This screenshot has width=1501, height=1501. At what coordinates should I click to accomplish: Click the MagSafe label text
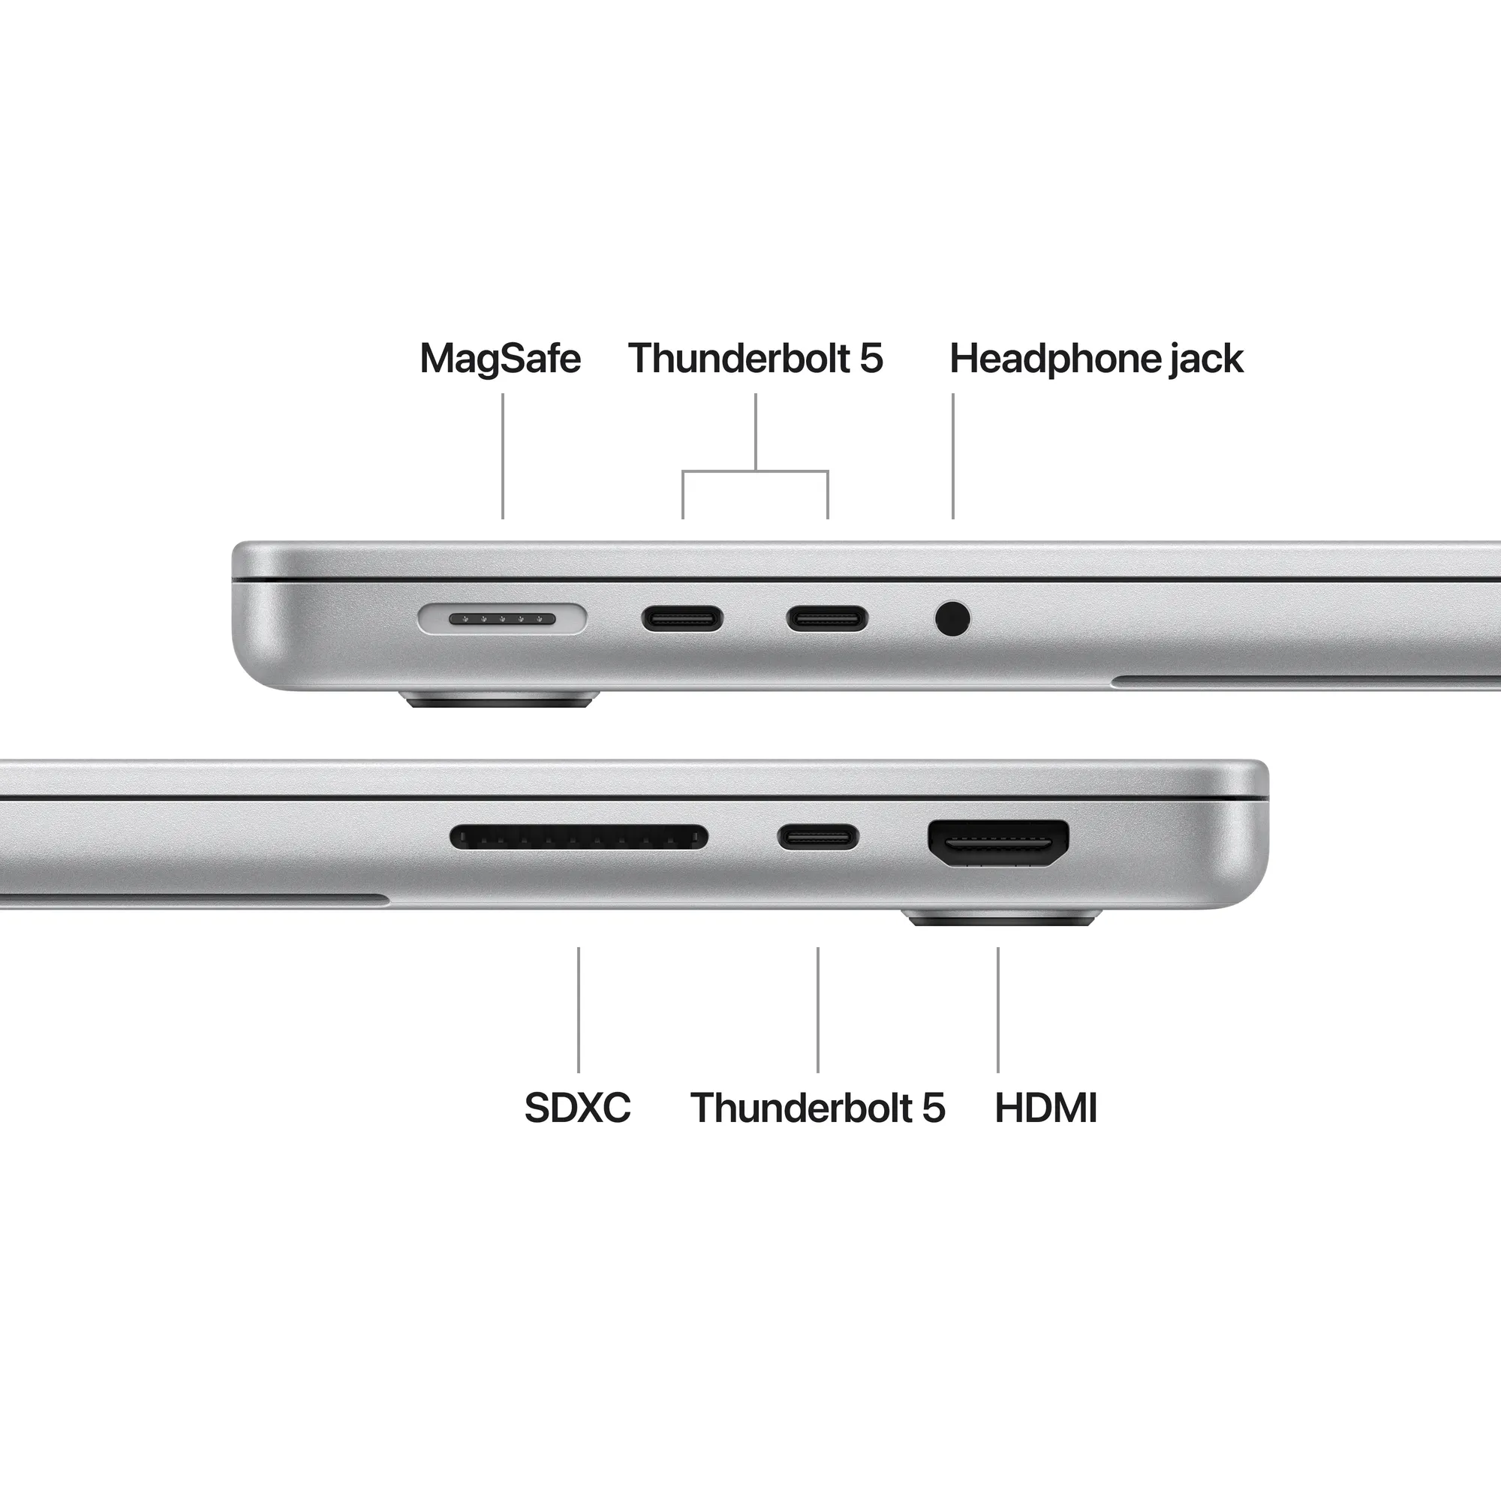[x=500, y=359]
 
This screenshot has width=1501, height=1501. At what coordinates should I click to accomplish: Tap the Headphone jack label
[x=1096, y=359]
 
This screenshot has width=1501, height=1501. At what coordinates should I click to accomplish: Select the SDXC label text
[x=577, y=1108]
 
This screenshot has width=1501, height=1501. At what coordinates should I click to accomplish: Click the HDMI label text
[x=1045, y=1108]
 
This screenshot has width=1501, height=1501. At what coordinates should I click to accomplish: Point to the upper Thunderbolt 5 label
[x=755, y=359]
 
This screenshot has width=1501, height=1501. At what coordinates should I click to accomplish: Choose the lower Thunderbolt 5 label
[x=817, y=1108]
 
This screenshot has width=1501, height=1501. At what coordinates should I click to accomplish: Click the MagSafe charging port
[x=502, y=619]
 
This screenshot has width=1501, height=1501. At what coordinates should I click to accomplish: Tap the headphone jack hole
[x=952, y=619]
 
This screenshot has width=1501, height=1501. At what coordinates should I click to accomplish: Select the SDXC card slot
[x=579, y=838]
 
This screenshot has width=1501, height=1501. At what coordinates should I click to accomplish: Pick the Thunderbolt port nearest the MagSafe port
[x=682, y=619]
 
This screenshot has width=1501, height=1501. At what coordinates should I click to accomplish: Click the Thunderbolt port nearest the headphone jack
[x=827, y=619]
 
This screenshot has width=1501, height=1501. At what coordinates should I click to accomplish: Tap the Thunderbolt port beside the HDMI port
[x=818, y=838]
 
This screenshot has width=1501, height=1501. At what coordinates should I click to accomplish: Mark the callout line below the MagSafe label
[x=503, y=456]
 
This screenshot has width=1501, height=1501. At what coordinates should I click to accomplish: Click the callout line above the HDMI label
[x=998, y=1009]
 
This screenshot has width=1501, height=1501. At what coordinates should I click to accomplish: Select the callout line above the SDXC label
[x=578, y=1009]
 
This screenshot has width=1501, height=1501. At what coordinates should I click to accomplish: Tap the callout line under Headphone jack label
[x=953, y=456]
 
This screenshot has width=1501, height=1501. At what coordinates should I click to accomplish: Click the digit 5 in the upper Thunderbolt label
[x=871, y=359]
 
